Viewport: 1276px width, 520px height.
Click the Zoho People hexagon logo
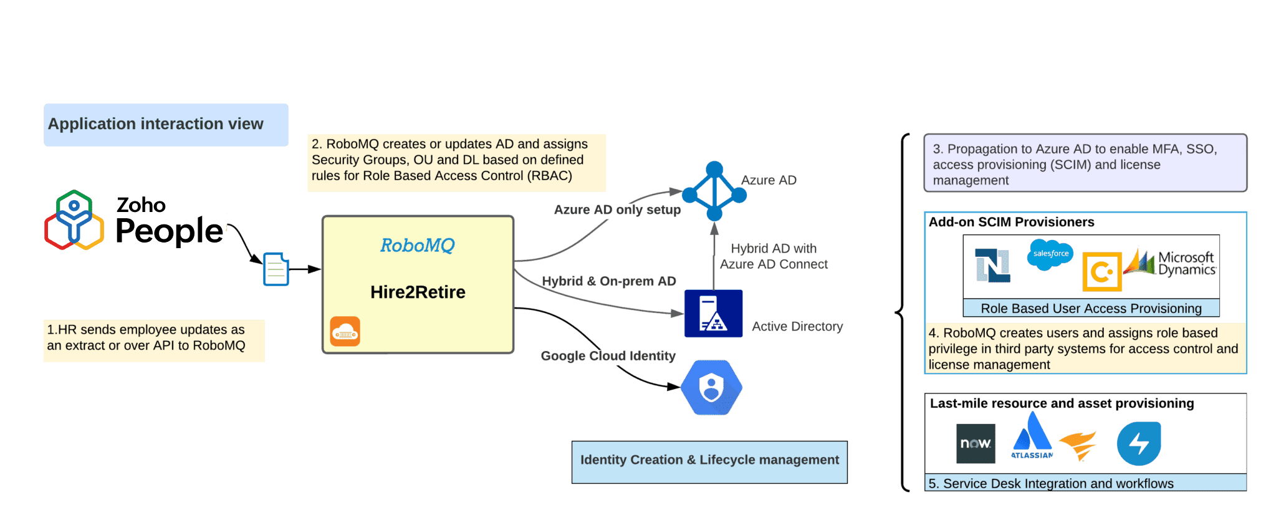[74, 220]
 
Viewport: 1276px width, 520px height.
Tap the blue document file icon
[276, 269]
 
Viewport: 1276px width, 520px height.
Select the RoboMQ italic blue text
[417, 245]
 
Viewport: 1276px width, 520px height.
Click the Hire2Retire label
[418, 292]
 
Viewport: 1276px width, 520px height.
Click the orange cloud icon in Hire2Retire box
[345, 331]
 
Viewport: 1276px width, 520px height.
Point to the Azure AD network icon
[714, 191]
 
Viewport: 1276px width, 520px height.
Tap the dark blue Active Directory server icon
[713, 314]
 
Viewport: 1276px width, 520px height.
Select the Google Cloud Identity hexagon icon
[711, 387]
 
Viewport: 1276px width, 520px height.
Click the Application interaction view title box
[166, 125]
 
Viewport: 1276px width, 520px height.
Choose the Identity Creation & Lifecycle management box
[709, 462]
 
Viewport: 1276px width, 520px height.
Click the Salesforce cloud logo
[1050, 254]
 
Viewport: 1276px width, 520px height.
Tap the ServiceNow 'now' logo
[975, 443]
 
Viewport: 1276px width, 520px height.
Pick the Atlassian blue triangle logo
[1032, 436]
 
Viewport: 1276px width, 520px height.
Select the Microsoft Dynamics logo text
[1186, 263]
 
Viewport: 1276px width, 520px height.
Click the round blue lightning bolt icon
[1139, 444]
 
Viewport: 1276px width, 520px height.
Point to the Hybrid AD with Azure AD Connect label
[774, 256]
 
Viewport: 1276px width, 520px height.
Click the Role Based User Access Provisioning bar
[1091, 309]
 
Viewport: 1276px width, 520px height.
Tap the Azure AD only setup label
[617, 209]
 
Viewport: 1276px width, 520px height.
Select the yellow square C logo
[1101, 272]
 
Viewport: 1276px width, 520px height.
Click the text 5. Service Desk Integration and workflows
[1051, 483]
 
